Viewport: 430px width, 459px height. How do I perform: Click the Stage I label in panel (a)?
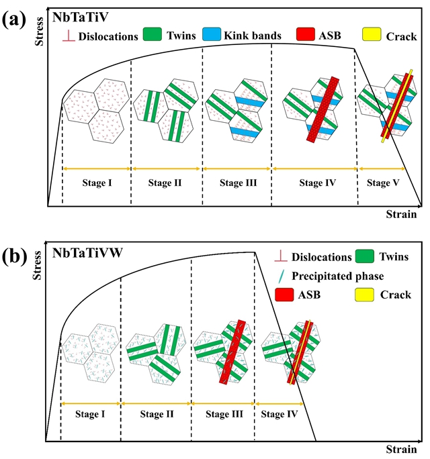[96, 182]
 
